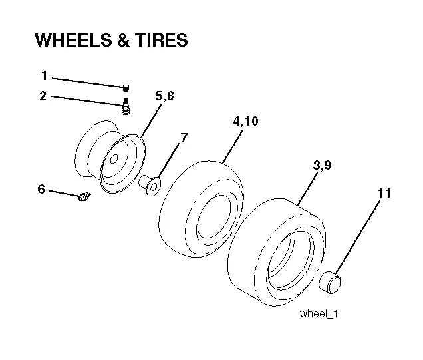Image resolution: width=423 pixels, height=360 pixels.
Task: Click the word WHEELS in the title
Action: coord(73,40)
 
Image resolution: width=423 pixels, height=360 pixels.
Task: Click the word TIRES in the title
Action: coord(161,40)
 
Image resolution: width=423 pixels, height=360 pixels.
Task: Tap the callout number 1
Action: coord(45,75)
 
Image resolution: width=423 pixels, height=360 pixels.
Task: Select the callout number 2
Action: coord(43,96)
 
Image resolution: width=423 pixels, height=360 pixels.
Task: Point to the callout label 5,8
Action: coord(165,96)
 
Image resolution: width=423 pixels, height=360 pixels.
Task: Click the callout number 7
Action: coord(184,138)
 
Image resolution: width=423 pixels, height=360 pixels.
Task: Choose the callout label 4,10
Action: coord(246,121)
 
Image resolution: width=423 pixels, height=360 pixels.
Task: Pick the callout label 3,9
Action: coord(323,165)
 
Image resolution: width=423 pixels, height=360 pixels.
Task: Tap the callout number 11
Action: coord(384,193)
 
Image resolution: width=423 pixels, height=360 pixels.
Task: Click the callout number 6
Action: coord(41,189)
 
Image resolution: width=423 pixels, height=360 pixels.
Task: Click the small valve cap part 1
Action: coord(126,88)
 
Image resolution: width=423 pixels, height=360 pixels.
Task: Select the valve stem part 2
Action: coord(125,106)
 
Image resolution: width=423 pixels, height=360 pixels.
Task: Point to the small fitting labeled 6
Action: coord(84,196)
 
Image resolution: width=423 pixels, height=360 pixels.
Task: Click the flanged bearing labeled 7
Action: coord(150,185)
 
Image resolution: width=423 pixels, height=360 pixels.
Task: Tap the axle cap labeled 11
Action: coord(330,283)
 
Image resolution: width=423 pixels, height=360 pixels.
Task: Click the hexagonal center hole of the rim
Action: coord(114,159)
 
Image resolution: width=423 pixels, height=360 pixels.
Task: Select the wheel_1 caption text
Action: coord(319,314)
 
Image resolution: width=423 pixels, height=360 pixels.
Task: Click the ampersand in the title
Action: coord(123,40)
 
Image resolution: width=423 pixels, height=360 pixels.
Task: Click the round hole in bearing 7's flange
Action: coord(154,187)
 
